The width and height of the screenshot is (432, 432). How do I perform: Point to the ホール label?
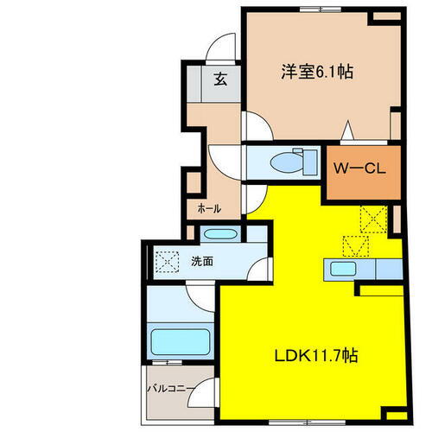coord(209,207)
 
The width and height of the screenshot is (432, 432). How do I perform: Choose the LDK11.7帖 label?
coord(316,356)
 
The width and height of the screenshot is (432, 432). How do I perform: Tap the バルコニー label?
coord(169,389)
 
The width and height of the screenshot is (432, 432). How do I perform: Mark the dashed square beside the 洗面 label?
coord(166,260)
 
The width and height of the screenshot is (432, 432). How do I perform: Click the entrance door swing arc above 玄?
coord(223,48)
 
